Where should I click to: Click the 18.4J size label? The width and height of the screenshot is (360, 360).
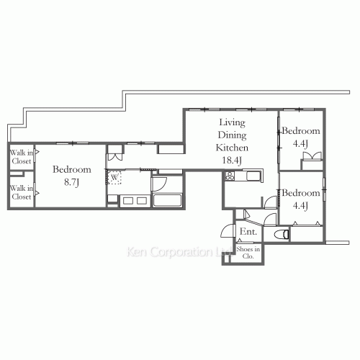(232, 161)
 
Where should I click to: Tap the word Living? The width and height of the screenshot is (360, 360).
(232, 122)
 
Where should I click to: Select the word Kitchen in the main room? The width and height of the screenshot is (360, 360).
(232, 148)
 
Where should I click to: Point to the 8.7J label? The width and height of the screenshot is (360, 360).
(71, 182)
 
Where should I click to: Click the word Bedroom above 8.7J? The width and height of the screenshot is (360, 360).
(72, 169)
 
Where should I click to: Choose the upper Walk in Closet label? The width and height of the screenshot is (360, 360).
(22, 157)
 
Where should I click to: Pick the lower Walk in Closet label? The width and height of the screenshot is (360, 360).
(22, 192)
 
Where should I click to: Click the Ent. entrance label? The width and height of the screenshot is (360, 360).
(248, 232)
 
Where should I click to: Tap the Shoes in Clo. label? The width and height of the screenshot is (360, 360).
(248, 253)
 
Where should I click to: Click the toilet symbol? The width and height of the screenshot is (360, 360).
(282, 235)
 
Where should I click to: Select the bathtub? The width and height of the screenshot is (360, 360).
(167, 201)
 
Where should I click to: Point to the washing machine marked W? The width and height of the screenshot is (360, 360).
(114, 178)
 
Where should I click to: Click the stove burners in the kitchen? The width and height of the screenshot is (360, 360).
(230, 176)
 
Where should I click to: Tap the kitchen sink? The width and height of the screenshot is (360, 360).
(253, 176)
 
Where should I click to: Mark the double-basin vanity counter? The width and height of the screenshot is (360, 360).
(135, 201)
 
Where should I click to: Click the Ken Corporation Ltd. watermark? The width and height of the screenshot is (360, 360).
(179, 252)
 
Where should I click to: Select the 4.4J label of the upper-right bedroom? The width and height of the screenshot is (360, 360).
(300, 144)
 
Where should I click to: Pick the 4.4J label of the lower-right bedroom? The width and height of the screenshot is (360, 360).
(300, 206)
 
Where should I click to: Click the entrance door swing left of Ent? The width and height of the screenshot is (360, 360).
(228, 230)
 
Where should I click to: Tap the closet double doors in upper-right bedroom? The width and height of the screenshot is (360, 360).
(312, 156)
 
